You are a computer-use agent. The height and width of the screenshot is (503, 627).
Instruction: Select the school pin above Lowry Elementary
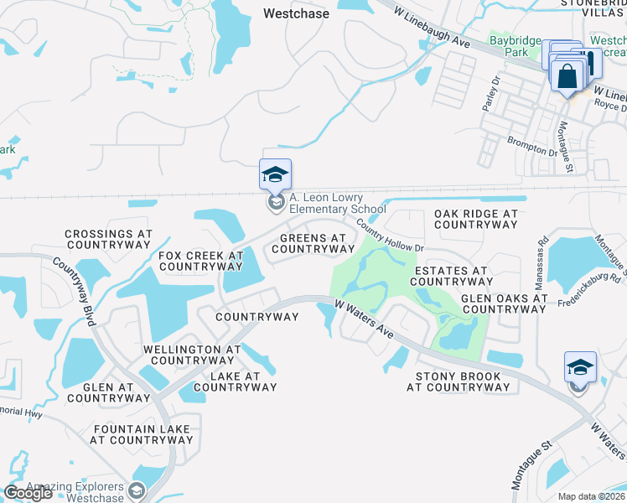point(275,175)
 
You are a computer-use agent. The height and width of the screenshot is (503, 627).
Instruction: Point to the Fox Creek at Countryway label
point(200,261)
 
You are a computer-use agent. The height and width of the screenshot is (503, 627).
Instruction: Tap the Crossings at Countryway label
point(108,240)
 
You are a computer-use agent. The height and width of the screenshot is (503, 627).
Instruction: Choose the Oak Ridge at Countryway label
point(476,220)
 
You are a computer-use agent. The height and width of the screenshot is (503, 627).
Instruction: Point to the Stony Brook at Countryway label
point(458,381)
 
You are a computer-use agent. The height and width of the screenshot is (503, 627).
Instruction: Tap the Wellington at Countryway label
point(192,355)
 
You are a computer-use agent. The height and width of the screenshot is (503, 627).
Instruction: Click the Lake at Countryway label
point(235,381)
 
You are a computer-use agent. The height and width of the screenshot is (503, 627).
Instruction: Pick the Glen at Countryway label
point(110,392)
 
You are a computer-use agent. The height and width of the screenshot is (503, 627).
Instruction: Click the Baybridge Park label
point(510,46)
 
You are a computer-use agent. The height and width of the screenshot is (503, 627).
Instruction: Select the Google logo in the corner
point(28,493)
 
